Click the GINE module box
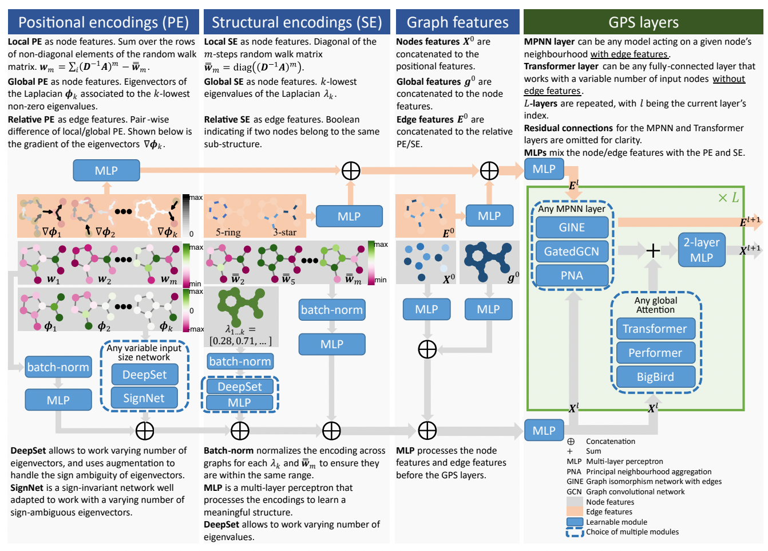pos(572,227)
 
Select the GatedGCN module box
pos(572,251)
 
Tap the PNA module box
pos(572,275)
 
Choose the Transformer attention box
pos(655,329)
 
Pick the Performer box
pos(655,353)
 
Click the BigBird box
pos(655,377)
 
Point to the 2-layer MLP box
pos(702,250)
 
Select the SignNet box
pos(144,398)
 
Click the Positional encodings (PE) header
pos(104,22)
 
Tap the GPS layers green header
pos(643,22)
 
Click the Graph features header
pos(457,22)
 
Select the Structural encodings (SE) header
pos(296,22)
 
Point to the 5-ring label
pos(228,233)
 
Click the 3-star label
pos(284,233)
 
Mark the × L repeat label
pos(729,198)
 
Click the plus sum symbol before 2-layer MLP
pos(653,250)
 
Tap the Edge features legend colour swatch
pos(575,512)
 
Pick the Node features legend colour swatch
pos(575,502)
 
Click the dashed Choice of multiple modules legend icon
pos(575,532)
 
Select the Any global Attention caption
pos(656,305)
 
